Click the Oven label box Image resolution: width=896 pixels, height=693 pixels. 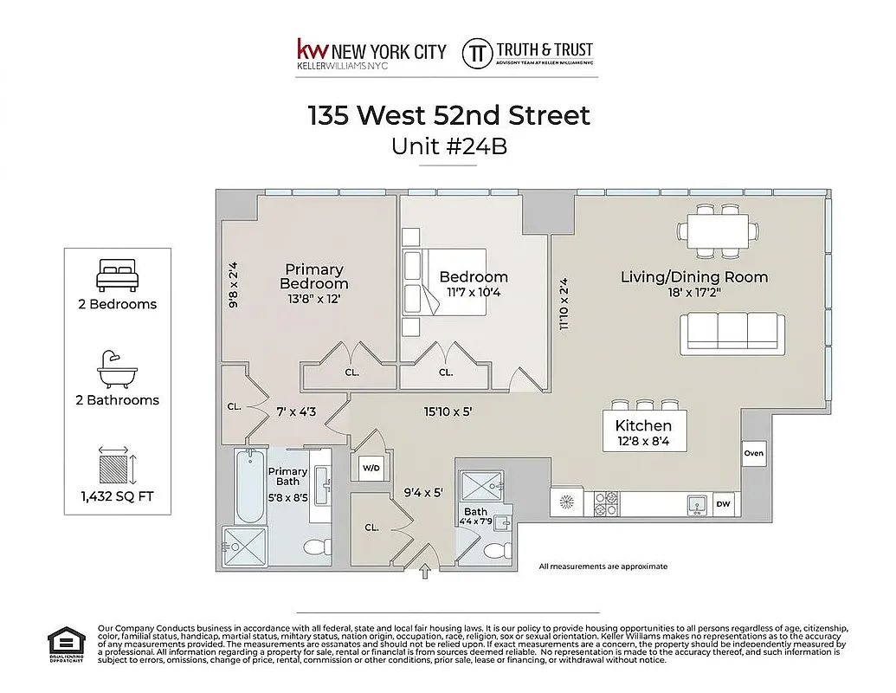tap(753, 453)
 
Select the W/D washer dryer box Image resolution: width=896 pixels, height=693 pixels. tap(371, 468)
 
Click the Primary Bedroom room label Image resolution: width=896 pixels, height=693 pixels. tap(314, 276)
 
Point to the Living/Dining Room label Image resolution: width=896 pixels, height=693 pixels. tap(694, 277)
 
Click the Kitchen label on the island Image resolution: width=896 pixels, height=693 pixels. tap(643, 425)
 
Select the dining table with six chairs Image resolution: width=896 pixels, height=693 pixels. tap(714, 231)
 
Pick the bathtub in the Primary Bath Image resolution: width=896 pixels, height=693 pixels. tap(249, 489)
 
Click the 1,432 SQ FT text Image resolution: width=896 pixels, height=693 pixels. tap(116, 497)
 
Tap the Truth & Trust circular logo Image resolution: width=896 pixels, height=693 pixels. tap(476, 52)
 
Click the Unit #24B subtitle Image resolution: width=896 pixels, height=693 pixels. tap(448, 146)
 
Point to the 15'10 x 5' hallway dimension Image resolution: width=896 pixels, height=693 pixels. tap(447, 411)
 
